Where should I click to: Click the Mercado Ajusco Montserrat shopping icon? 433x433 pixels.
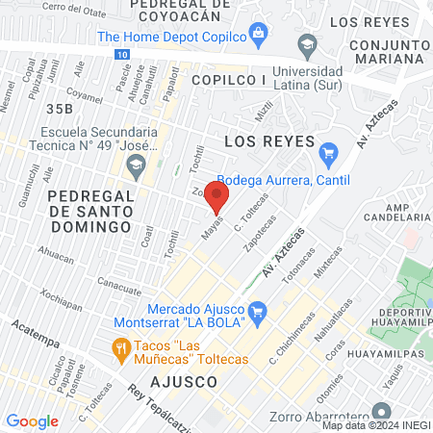pyautogui.click(x=256, y=312)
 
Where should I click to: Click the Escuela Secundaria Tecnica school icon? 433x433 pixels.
pyautogui.click(x=136, y=166)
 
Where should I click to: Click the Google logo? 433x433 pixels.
pyautogui.click(x=32, y=420)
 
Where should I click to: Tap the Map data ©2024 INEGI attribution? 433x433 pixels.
pyautogui.click(x=376, y=425)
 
